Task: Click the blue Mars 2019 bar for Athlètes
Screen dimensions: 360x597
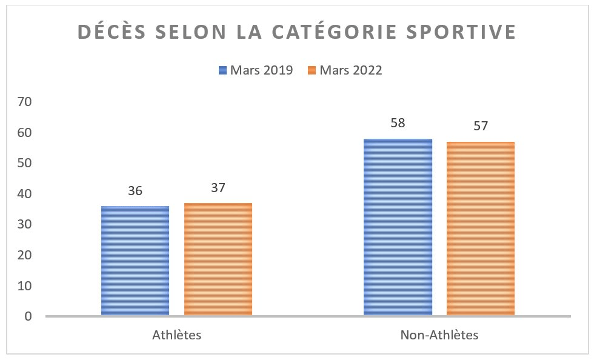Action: pyautogui.click(x=135, y=261)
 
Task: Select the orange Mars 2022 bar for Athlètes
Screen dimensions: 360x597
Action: pyautogui.click(x=218, y=259)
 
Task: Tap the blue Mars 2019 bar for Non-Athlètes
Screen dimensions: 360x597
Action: pyautogui.click(x=398, y=227)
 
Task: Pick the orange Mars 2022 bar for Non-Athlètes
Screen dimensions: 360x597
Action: pyautogui.click(x=481, y=228)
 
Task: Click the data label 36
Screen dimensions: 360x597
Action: pyautogui.click(x=135, y=191)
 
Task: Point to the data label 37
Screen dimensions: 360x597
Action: pyautogui.click(x=218, y=188)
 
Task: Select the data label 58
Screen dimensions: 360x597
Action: pyautogui.click(x=398, y=123)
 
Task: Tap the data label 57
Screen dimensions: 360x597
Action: pyautogui.click(x=481, y=126)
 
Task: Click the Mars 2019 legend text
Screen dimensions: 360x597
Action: pyautogui.click(x=261, y=70)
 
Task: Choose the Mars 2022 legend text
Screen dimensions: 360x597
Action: pyautogui.click(x=351, y=70)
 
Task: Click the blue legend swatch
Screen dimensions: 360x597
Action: pyautogui.click(x=222, y=70)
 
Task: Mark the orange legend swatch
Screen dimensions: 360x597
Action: pyautogui.click(x=312, y=70)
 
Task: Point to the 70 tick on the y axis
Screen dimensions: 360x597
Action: pyautogui.click(x=24, y=101)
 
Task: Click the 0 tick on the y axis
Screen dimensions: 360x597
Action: pyautogui.click(x=28, y=316)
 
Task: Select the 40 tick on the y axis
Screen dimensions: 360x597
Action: pyautogui.click(x=24, y=194)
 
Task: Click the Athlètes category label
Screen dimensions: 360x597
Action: pyautogui.click(x=176, y=335)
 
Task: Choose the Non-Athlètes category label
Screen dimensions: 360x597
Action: pyautogui.click(x=439, y=335)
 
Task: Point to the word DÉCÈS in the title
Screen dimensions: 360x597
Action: pyautogui.click(x=109, y=32)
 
